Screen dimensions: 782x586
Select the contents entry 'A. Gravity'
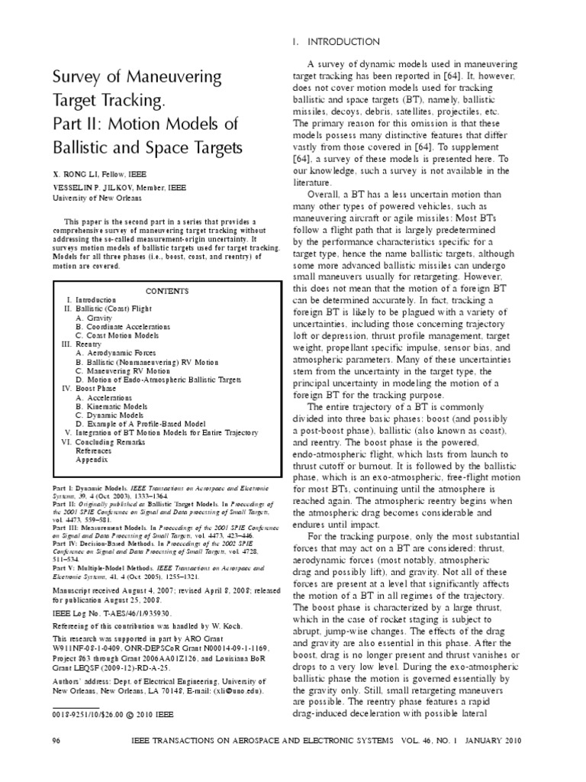[94, 316]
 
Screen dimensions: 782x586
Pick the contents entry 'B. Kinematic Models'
[111, 408]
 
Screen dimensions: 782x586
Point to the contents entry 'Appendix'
[92, 460]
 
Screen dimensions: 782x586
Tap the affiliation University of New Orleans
[96, 198]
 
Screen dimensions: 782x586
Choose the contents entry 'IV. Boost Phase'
[87, 389]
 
